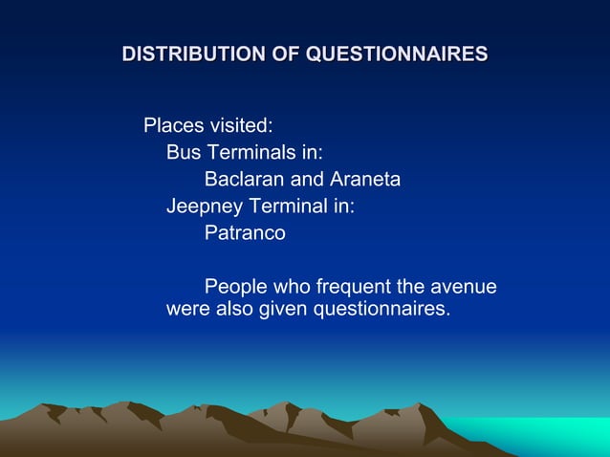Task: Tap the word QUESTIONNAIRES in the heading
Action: [x=396, y=54]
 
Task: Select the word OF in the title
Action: [x=288, y=54]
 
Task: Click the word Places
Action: [x=171, y=125]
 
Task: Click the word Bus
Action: [x=184, y=152]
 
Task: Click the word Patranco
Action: [x=245, y=232]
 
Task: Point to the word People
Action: [x=236, y=287]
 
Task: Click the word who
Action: [x=292, y=287]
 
